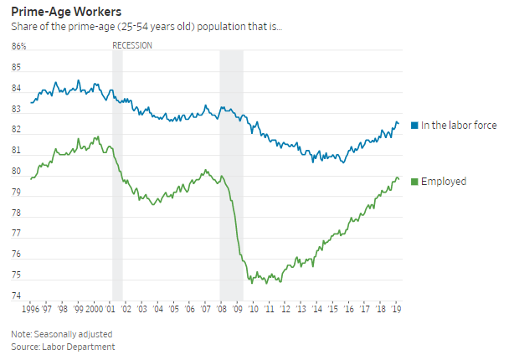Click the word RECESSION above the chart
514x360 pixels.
point(132,45)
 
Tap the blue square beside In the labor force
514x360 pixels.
point(414,126)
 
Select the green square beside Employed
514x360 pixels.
point(414,182)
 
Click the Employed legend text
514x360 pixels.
point(444,182)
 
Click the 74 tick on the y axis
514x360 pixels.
point(17,296)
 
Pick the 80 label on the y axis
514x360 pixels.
point(17,172)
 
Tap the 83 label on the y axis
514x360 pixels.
point(17,110)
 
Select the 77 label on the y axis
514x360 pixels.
point(17,234)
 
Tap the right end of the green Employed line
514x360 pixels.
point(398,179)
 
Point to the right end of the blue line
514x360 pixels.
point(398,124)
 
